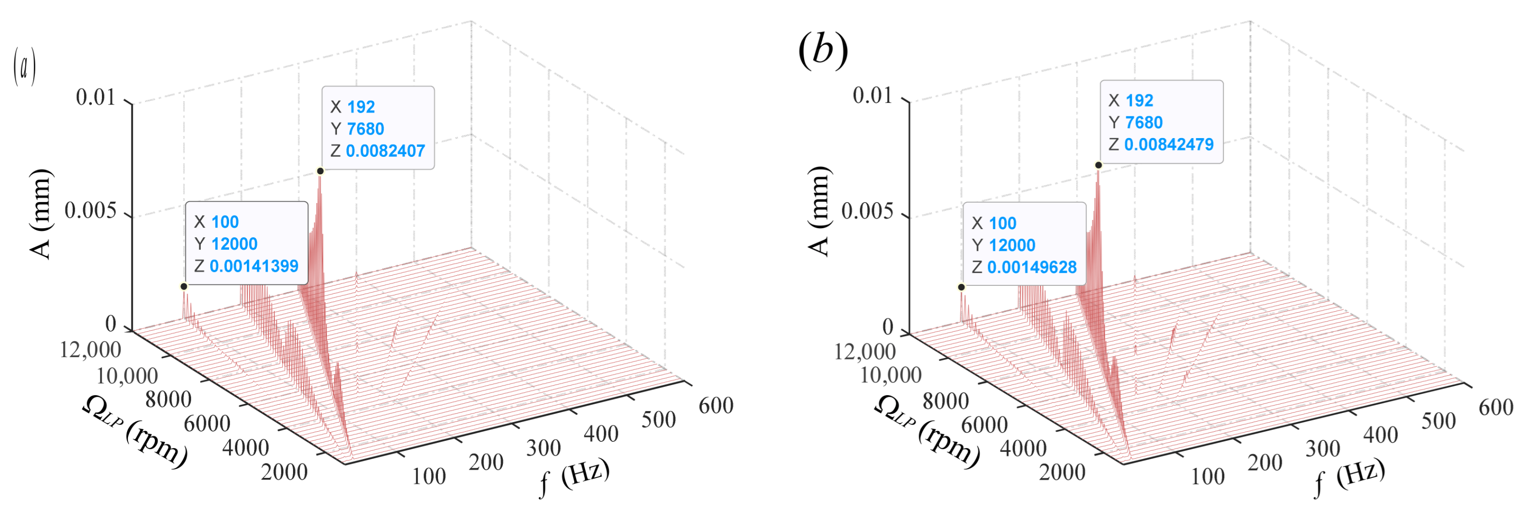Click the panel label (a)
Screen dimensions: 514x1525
pyautogui.click(x=24, y=67)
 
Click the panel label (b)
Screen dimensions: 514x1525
pyautogui.click(x=823, y=50)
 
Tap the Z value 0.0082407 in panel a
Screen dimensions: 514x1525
pyautogui.click(x=385, y=151)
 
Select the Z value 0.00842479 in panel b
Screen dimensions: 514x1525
pyautogui.click(x=1168, y=144)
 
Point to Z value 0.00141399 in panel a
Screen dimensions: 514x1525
pyautogui.click(x=254, y=266)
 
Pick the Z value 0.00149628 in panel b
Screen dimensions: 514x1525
pyautogui.click(x=1031, y=267)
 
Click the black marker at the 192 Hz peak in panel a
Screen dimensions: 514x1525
pyautogui.click(x=320, y=171)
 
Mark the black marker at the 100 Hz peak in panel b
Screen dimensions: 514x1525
pyautogui.click(x=961, y=287)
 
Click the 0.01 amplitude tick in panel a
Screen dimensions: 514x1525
pyautogui.click(x=96, y=98)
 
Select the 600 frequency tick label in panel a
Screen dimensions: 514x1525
pyautogui.click(x=716, y=406)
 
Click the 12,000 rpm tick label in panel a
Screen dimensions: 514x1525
pyautogui.click(x=90, y=350)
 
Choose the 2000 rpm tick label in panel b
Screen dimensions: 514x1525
pyautogui.click(x=1063, y=472)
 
